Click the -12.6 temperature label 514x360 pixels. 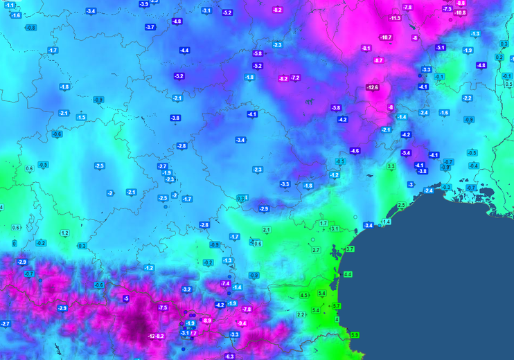point(373,87)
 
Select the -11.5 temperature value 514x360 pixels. point(395,18)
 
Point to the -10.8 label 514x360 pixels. point(460,12)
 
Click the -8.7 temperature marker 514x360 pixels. point(378,60)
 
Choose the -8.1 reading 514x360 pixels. point(366,48)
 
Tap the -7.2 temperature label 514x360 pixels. point(295,78)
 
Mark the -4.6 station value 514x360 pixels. point(355,150)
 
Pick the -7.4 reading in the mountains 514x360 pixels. point(224,283)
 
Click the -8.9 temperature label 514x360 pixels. point(206,321)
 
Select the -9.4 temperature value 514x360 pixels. point(242,323)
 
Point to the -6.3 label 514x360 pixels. point(230,356)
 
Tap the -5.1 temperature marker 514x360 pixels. point(440,47)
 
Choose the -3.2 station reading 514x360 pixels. point(186,289)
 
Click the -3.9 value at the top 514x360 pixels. point(143,3)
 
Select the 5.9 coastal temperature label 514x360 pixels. point(355,335)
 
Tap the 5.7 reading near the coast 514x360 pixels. point(337,305)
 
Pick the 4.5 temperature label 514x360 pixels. point(304,296)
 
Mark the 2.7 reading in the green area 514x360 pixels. point(316,249)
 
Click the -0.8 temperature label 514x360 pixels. point(30,27)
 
